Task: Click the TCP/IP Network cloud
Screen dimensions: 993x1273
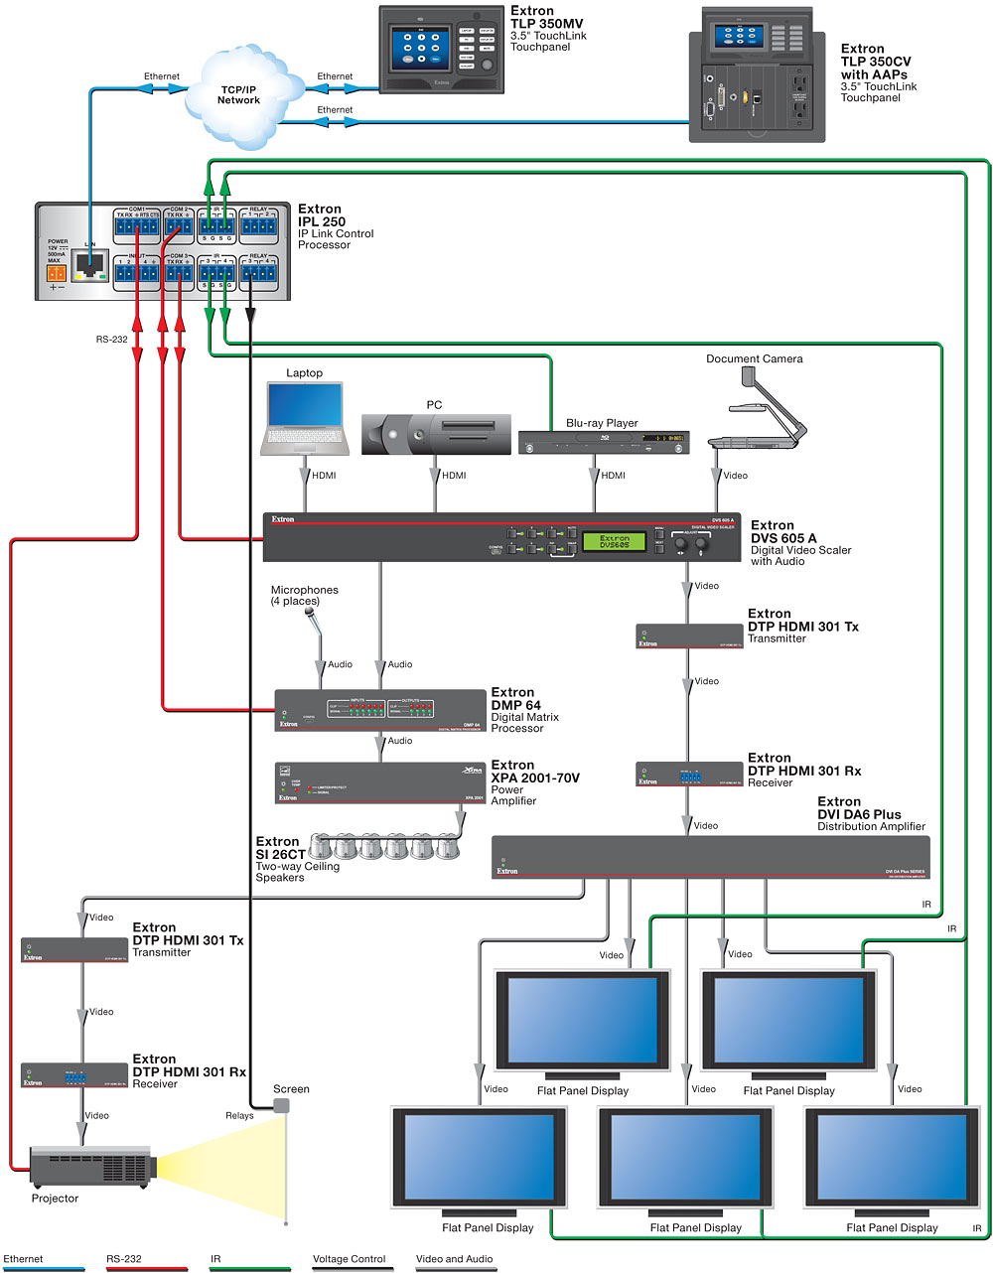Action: point(238,93)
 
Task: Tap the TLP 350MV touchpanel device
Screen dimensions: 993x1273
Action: point(442,49)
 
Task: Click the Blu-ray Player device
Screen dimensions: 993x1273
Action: point(603,442)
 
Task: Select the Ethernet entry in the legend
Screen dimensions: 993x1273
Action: point(24,1259)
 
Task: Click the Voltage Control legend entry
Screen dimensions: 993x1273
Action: point(349,1259)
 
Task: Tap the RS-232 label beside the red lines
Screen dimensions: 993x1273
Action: point(112,339)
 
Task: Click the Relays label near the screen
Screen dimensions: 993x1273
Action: point(239,1115)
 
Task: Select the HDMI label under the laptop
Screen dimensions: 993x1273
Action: point(324,476)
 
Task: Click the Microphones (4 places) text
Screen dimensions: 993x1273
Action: point(305,596)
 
